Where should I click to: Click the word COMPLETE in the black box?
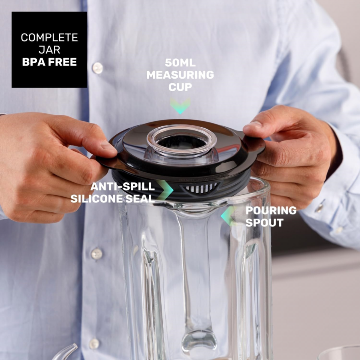(49, 38)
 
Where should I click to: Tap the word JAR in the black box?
(49, 50)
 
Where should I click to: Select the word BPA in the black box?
(34, 62)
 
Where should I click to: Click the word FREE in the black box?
(62, 62)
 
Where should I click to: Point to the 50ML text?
(180, 63)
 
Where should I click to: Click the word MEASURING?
(180, 75)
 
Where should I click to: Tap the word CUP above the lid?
(180, 87)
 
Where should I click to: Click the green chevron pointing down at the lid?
(180, 106)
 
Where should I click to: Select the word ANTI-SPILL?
(123, 187)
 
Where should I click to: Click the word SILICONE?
(96, 199)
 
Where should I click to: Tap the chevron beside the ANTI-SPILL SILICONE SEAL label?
(165, 190)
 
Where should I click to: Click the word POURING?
(271, 210)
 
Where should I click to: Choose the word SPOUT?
(264, 223)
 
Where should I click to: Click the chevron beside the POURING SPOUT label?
(228, 216)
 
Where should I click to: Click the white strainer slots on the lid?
(201, 188)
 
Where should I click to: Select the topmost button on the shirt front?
(98, 68)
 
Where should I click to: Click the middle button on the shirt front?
(97, 254)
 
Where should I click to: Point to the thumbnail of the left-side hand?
(108, 145)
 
